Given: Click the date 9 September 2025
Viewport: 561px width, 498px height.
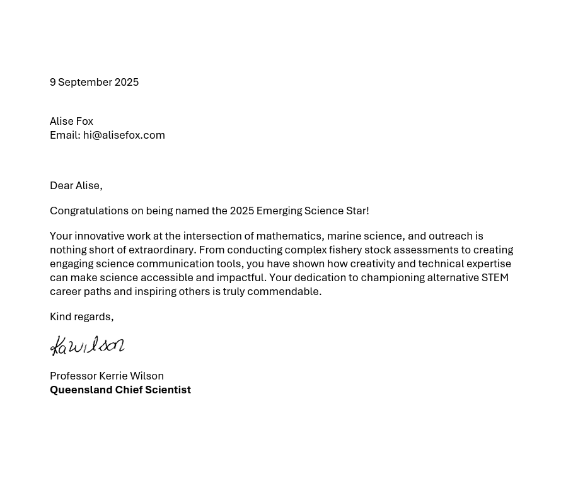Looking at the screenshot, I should point(94,82).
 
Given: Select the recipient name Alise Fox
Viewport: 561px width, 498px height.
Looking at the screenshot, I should point(71,121).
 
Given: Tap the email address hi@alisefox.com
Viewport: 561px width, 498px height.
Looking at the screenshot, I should point(124,135).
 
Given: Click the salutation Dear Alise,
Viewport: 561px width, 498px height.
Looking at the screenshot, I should point(76,185).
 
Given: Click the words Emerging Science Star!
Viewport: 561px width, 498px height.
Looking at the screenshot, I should point(313,211).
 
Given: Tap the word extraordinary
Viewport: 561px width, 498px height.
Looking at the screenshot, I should point(163,250).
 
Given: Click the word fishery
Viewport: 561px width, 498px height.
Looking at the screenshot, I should point(345,250).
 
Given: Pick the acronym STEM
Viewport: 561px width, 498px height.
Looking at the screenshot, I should point(495,277).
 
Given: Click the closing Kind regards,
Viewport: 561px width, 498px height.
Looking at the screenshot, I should point(81,316).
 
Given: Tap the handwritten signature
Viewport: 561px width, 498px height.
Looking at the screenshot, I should point(87,345).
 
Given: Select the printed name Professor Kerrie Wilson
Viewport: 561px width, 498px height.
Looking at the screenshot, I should point(107,376).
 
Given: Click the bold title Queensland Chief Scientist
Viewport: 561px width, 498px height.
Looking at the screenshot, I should point(120,390).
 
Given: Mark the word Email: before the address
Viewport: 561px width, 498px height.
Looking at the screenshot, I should point(64,135).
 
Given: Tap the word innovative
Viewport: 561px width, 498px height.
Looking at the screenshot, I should point(101,236).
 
